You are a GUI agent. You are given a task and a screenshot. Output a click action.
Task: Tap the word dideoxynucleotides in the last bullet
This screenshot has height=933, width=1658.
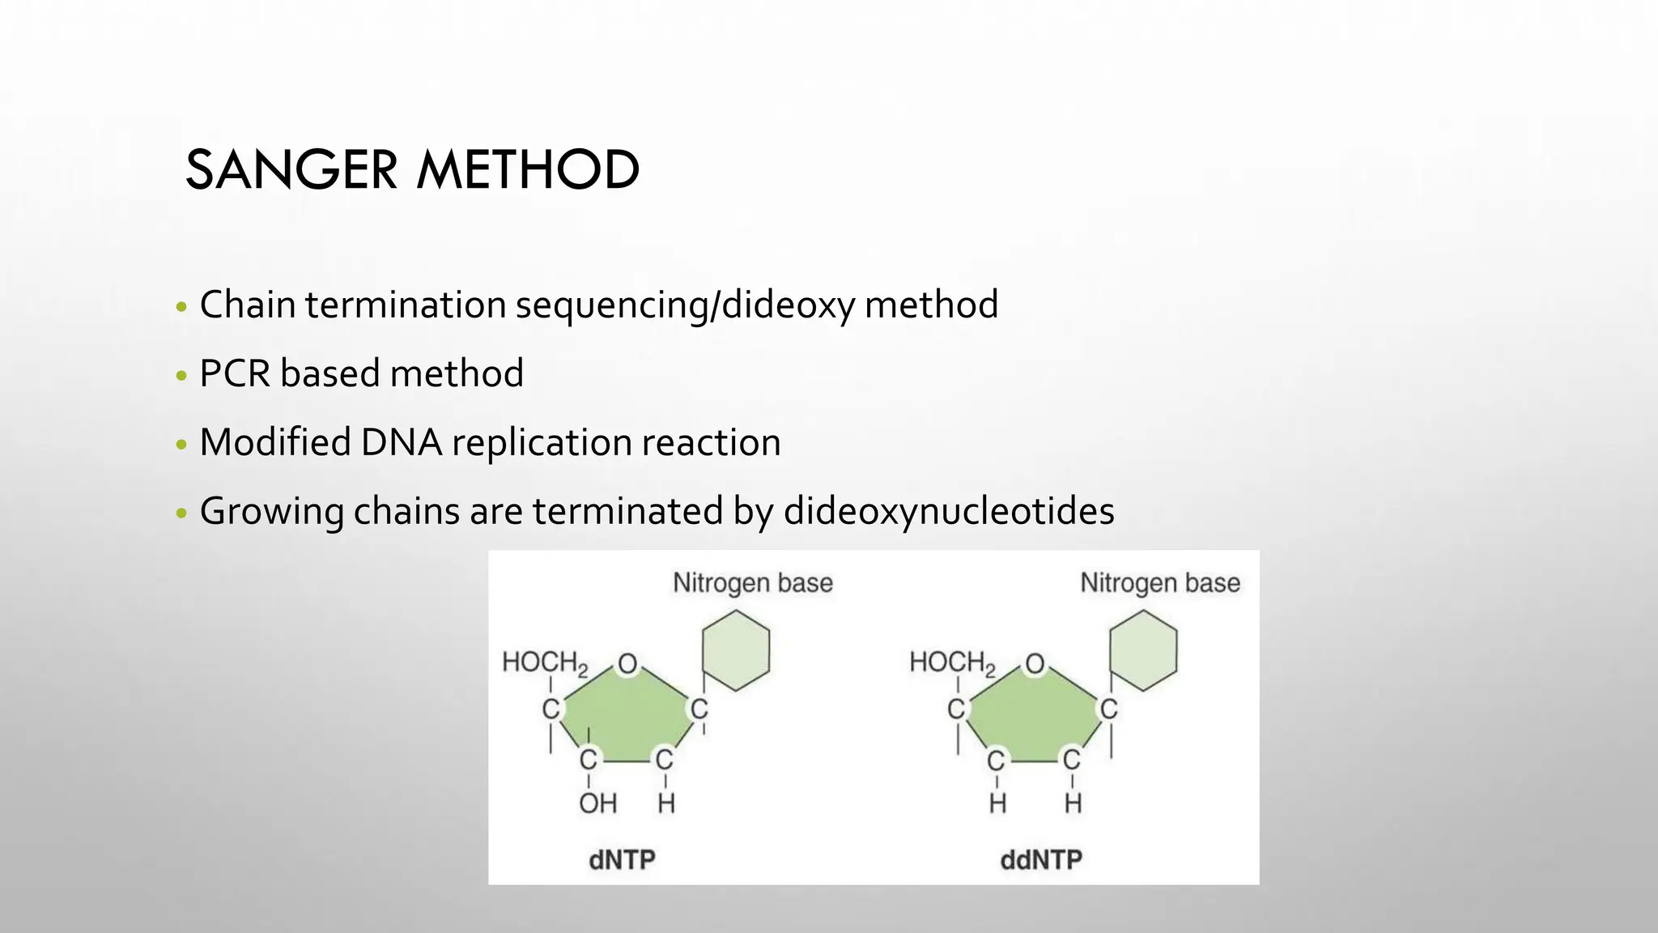point(948,511)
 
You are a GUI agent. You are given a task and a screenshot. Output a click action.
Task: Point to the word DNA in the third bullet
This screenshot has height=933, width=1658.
point(402,442)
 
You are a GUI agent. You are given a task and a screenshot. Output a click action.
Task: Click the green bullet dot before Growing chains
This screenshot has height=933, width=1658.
point(181,513)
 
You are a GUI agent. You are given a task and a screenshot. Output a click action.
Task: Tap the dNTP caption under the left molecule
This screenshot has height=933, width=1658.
point(622,859)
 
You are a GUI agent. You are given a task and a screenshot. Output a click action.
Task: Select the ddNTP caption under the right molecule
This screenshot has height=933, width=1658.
point(1041,859)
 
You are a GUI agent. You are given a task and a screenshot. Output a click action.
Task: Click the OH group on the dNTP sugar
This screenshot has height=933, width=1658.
point(597,803)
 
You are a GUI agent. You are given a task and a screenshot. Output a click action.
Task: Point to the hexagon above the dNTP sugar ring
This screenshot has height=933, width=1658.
point(735,650)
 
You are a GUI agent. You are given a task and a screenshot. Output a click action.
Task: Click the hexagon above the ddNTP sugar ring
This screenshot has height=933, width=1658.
point(1142,650)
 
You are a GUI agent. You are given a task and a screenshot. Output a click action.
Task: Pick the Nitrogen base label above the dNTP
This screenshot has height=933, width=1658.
point(752,583)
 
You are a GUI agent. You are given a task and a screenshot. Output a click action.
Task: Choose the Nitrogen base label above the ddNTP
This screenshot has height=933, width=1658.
point(1159,583)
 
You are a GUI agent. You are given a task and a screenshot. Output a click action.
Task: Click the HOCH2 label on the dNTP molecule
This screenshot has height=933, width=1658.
point(545,662)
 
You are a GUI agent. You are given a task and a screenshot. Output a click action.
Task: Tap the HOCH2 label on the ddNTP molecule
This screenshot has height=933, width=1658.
point(952,662)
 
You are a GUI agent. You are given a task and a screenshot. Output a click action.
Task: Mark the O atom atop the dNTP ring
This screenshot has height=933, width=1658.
point(627,664)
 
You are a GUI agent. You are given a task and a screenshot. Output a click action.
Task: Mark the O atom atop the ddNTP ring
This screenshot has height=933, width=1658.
point(1035,664)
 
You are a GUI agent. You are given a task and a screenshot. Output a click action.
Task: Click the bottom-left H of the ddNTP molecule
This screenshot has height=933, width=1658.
point(997,803)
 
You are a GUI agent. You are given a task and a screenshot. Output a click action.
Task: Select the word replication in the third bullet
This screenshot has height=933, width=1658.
point(542,442)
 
